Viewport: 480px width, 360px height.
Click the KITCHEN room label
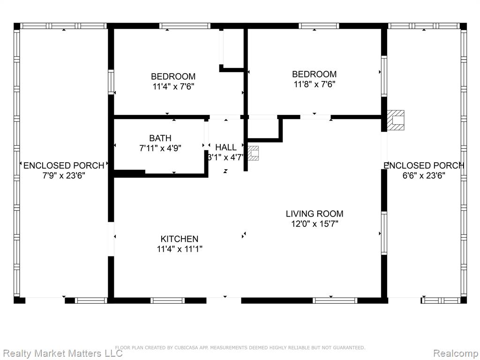(x=180, y=239)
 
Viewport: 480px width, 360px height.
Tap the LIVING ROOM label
(x=315, y=214)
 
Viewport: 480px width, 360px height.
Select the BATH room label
(x=160, y=138)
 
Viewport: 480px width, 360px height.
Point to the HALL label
(x=225, y=147)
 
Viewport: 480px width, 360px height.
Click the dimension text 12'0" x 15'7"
(x=315, y=224)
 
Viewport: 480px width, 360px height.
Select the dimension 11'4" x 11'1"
(x=180, y=249)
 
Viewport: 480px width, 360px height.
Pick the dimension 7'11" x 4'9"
(x=160, y=148)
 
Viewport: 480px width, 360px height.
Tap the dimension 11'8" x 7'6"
(x=315, y=84)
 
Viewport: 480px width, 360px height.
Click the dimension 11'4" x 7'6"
(x=173, y=86)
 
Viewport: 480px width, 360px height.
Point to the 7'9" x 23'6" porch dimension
(x=64, y=176)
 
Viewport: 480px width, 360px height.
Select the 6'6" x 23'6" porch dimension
(x=424, y=176)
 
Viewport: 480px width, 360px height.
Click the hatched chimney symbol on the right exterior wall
(x=396, y=120)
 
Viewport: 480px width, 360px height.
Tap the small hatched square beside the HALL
(x=253, y=153)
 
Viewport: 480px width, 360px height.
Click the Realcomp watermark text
(x=456, y=353)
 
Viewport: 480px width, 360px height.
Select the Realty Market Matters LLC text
(x=61, y=353)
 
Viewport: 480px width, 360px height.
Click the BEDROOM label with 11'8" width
(x=315, y=74)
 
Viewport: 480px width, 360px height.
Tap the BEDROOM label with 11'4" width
(x=173, y=76)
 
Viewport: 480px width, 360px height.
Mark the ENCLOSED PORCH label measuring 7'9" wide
(x=64, y=165)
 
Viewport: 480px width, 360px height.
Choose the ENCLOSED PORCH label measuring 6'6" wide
(x=424, y=165)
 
